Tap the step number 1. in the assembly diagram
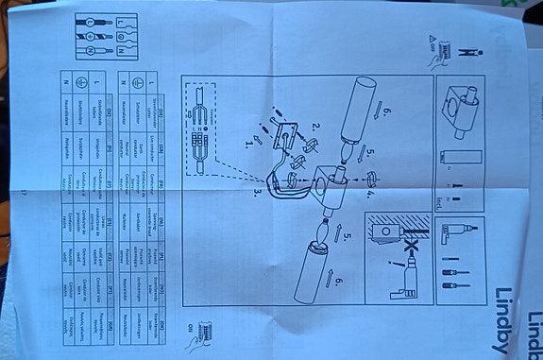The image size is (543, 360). tap(250, 143)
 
